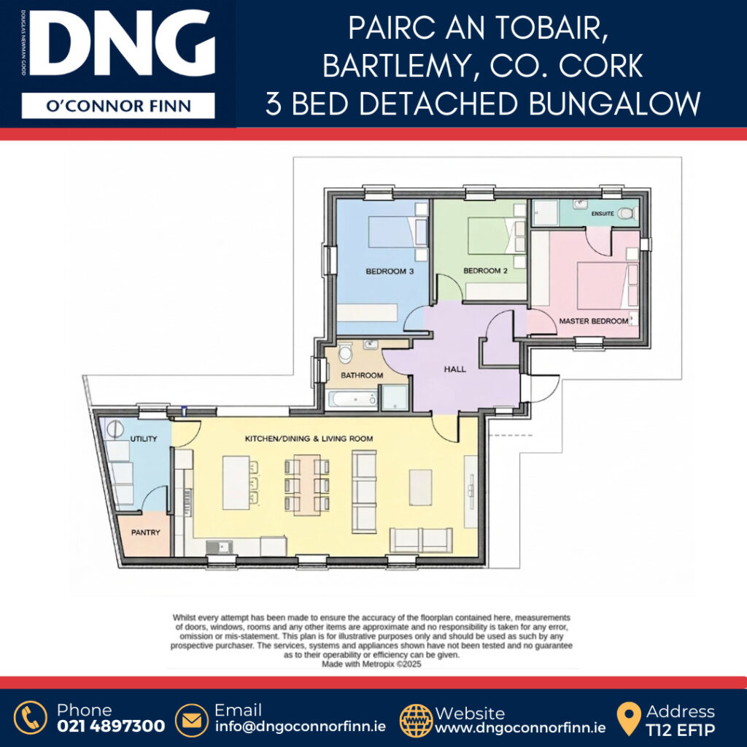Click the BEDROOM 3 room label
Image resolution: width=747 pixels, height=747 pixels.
(390, 271)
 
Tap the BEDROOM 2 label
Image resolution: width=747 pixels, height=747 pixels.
(485, 271)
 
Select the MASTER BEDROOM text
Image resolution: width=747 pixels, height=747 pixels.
(594, 321)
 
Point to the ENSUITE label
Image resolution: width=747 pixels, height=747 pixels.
(603, 214)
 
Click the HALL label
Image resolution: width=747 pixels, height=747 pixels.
(455, 368)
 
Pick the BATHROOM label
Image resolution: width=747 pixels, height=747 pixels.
(362, 376)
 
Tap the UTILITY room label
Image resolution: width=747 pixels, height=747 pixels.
(144, 438)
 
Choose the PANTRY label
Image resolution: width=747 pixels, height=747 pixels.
(146, 532)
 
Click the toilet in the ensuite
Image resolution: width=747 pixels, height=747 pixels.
(627, 214)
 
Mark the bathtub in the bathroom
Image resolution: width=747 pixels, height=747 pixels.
(353, 399)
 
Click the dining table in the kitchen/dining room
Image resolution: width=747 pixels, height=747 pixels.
(307, 485)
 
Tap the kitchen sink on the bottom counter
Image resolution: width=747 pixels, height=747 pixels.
(220, 547)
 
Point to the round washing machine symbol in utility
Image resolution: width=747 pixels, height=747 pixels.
(115, 429)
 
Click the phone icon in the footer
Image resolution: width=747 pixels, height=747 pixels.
(31, 718)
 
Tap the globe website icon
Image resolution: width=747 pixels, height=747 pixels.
(416, 720)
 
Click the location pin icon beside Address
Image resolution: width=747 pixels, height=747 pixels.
(629, 719)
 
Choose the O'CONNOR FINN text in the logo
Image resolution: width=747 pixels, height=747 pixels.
(118, 106)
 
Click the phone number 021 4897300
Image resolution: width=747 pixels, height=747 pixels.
(111, 726)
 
